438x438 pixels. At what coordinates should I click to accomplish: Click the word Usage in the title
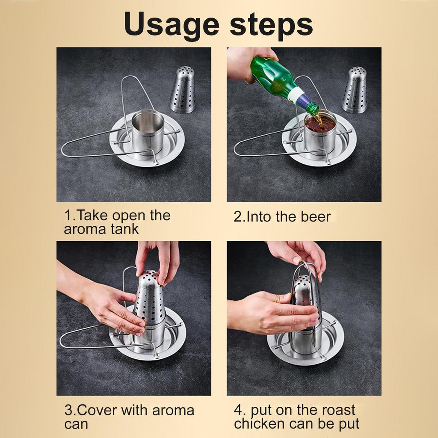172,26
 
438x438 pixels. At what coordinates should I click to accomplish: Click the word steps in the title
271,26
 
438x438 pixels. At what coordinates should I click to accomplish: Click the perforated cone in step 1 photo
182,90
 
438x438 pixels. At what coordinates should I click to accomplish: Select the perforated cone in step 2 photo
354,90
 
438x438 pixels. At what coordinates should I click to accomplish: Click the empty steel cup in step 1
148,131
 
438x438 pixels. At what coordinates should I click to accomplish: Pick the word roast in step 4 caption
339,410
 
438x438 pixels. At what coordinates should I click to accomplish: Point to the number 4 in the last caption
238,410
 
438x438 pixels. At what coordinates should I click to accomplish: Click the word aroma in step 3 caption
173,410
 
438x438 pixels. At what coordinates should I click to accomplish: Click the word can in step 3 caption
76,424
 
